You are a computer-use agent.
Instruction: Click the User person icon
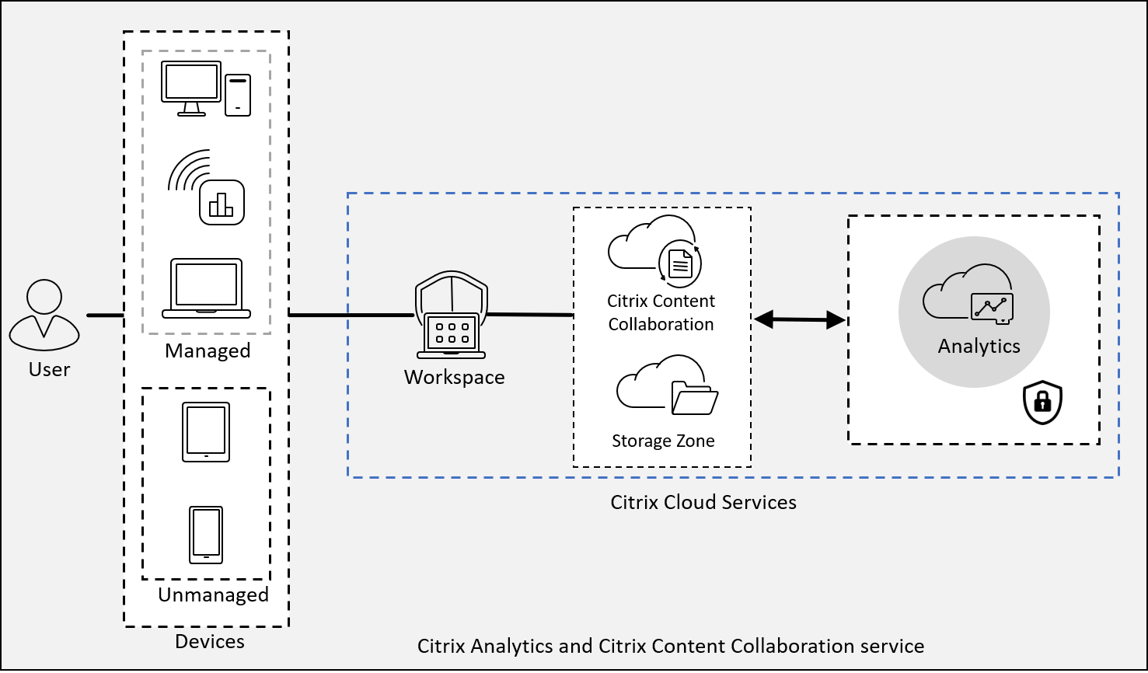pos(44,315)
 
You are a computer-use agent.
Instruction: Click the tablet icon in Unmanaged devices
pos(206,432)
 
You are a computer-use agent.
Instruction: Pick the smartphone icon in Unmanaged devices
pos(206,535)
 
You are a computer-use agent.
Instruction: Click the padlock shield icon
pos(1042,403)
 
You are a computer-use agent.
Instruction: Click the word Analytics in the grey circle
pos(979,346)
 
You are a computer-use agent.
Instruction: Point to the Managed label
pos(208,350)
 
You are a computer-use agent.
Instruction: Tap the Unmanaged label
pos(213,595)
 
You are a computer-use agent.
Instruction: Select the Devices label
pos(210,641)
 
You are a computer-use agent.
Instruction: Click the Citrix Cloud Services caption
pos(703,502)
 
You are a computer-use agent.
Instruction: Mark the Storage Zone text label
pos(663,441)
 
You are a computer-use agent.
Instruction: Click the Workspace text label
pos(454,378)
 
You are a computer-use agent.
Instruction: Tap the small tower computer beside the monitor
pos(238,95)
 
